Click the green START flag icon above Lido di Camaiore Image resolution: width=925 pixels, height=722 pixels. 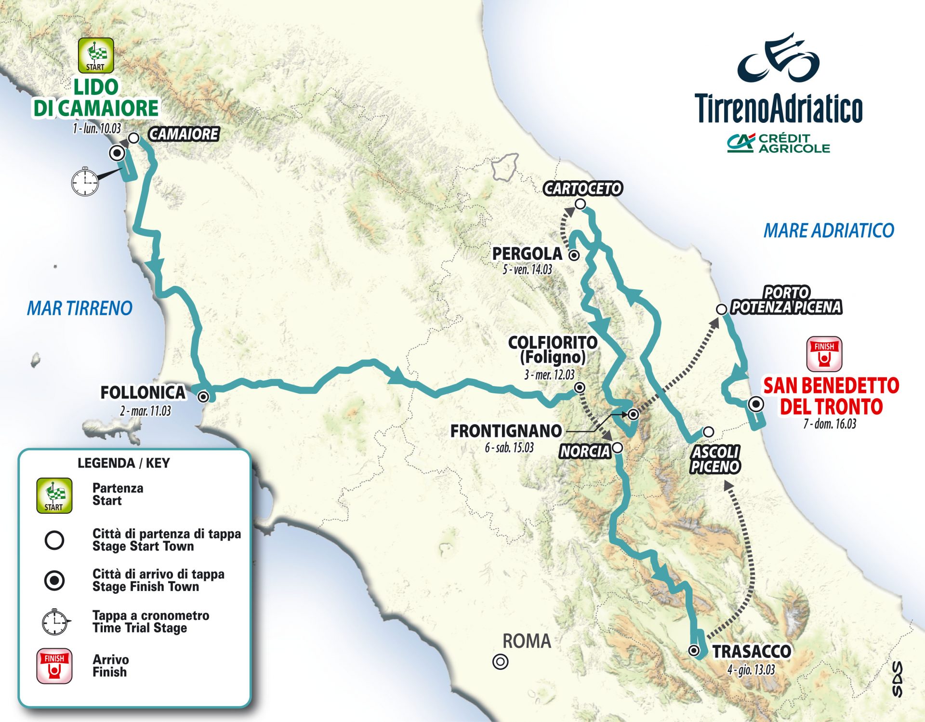pyautogui.click(x=96, y=55)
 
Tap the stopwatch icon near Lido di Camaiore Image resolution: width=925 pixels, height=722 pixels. pyautogui.click(x=85, y=182)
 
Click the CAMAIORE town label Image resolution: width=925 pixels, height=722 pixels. pyautogui.click(x=184, y=134)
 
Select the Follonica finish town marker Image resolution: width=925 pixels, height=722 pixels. pyautogui.click(x=203, y=397)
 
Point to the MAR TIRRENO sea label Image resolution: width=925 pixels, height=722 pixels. pyautogui.click(x=79, y=308)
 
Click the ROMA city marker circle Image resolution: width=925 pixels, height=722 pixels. pyautogui.click(x=501, y=662)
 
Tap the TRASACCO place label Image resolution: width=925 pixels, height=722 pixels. pyautogui.click(x=752, y=652)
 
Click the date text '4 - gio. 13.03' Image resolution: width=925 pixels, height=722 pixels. pyautogui.click(x=751, y=670)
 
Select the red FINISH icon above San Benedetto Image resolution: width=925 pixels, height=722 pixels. pyautogui.click(x=824, y=354)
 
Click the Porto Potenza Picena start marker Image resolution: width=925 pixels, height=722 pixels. pyautogui.click(x=721, y=309)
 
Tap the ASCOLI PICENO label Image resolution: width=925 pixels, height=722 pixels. pyautogui.click(x=715, y=459)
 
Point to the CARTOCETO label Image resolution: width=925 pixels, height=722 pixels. pyautogui.click(x=583, y=188)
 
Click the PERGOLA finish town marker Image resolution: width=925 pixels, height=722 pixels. pyautogui.click(x=574, y=255)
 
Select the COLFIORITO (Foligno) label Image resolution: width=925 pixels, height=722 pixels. pyautogui.click(x=553, y=350)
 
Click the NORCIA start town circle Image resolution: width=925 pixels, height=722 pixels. pyautogui.click(x=618, y=448)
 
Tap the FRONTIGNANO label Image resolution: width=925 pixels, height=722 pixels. pyautogui.click(x=506, y=431)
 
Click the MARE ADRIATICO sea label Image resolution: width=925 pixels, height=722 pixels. pyautogui.click(x=829, y=230)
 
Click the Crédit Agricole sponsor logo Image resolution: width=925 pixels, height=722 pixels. pyautogui.click(x=779, y=143)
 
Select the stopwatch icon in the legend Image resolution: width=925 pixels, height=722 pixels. pyautogui.click(x=55, y=622)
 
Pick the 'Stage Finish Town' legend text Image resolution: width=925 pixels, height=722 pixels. pyautogui.click(x=145, y=587)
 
